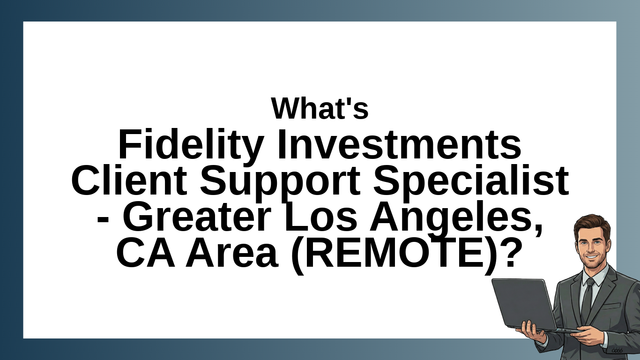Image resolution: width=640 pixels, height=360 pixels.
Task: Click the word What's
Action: coord(320,108)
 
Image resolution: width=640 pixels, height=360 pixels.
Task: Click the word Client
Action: coord(129,180)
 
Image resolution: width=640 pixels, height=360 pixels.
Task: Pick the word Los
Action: coord(320,217)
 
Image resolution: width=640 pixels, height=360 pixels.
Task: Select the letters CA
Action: coord(146,253)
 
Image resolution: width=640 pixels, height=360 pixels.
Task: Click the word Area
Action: coord(232,253)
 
